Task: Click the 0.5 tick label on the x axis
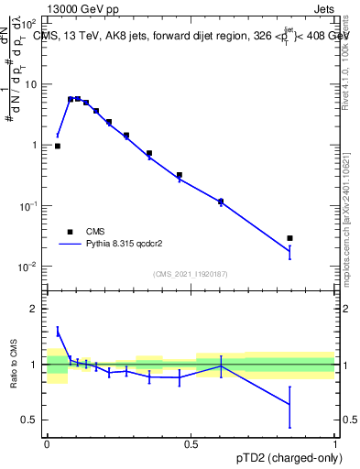191,443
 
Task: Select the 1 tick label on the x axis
335,443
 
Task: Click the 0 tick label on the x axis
47,443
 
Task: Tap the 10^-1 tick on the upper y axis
29,206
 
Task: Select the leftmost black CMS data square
57,146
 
